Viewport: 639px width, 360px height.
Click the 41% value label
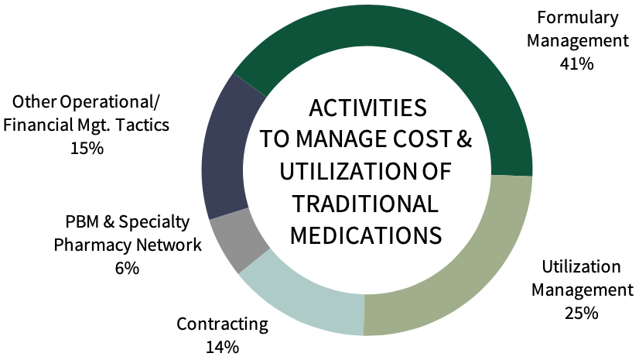(576, 64)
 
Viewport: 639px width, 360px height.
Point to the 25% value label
(582, 313)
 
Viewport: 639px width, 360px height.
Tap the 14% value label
(222, 348)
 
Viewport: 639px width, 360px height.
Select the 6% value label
(127, 269)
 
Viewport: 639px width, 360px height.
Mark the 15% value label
(87, 148)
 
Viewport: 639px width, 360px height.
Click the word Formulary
(578, 18)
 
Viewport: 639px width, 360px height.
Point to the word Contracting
(223, 324)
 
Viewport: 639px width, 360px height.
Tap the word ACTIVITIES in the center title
(368, 108)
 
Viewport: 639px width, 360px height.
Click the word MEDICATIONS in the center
(366, 235)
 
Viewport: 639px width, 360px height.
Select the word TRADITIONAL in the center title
(366, 204)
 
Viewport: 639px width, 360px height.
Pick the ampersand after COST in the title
(463, 139)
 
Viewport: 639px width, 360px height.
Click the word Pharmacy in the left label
(93, 245)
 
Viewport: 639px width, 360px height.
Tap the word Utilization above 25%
(581, 267)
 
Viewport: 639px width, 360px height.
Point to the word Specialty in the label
(154, 223)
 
